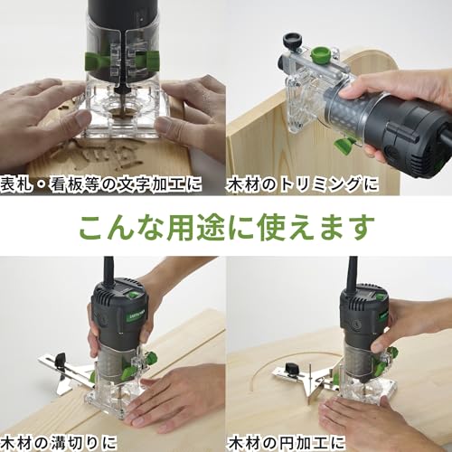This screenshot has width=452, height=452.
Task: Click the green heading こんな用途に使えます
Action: point(227,227)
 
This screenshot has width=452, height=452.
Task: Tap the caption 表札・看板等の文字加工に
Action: point(101,184)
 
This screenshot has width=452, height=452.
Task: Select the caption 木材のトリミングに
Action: point(303,184)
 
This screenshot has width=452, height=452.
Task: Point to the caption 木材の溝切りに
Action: point(59,443)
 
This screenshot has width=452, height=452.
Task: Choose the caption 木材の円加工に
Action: point(286,443)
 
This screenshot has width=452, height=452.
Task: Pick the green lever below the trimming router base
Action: point(345,145)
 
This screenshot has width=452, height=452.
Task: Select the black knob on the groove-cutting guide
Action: point(61,360)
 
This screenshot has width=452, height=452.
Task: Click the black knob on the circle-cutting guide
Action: point(292,368)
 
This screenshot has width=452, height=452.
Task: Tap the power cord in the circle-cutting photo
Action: point(353,273)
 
